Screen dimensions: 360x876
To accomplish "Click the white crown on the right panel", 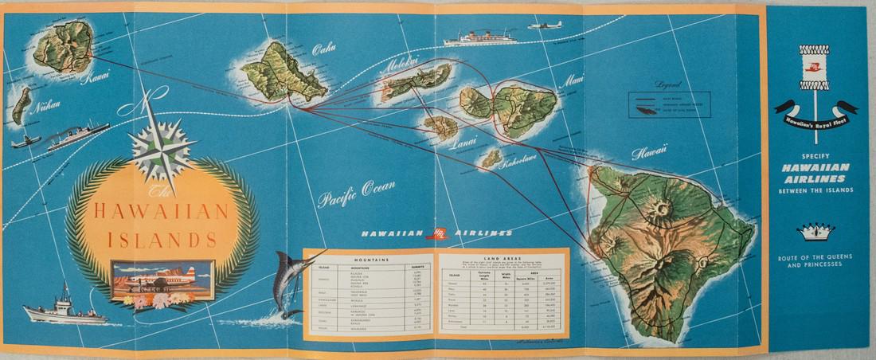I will pyautogui.click(x=816, y=231).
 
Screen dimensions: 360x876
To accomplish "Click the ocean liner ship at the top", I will pyautogui.click(x=481, y=37).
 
